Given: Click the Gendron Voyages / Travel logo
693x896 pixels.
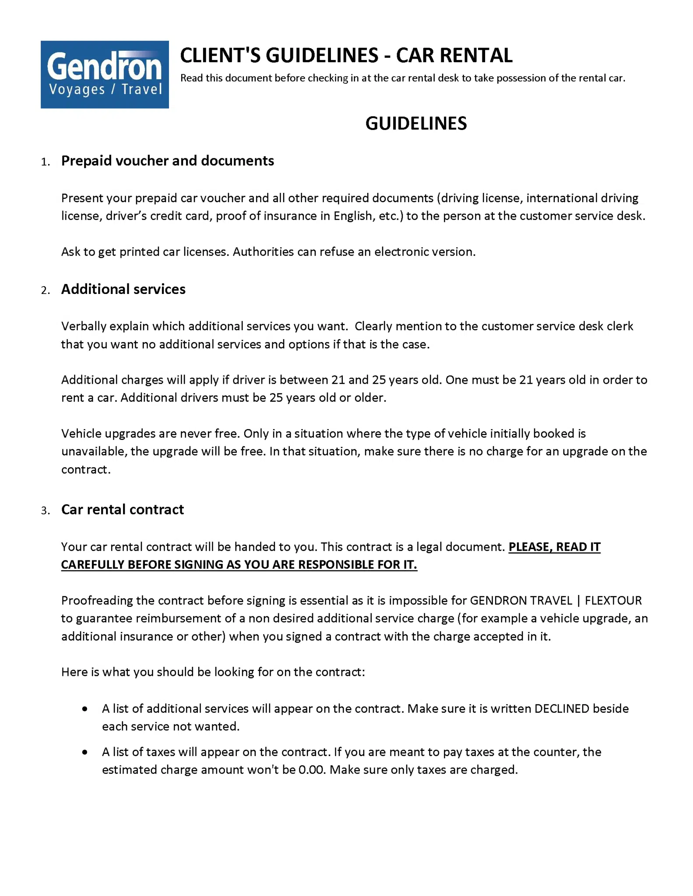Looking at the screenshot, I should point(105,74).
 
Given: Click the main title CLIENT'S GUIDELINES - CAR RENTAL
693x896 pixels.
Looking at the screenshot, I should point(346,56).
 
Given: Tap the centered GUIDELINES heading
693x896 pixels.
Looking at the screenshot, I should point(416,123).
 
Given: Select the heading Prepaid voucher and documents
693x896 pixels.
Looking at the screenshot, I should point(167,161).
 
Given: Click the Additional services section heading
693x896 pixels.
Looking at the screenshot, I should point(123,289).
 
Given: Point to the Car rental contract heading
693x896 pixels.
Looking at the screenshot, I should point(122,509).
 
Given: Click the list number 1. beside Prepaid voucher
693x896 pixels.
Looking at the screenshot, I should point(45,162).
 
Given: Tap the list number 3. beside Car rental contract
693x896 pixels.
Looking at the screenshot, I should point(45,511).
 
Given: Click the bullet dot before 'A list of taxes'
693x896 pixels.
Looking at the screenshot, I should point(85,752).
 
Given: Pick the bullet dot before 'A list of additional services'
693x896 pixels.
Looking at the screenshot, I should point(85,709).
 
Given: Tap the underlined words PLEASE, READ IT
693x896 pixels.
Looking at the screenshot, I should point(554,547).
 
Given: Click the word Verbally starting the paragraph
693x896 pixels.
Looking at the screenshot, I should point(84,326).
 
